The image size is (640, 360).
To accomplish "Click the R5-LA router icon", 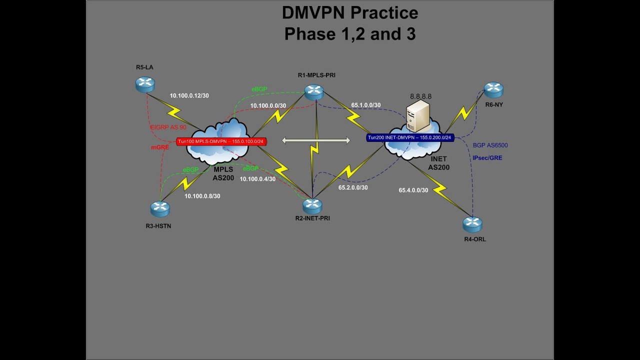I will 145,84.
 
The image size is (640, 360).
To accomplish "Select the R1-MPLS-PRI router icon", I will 314,92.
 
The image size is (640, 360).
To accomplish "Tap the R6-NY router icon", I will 493,89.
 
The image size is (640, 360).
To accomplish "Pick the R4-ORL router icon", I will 472,224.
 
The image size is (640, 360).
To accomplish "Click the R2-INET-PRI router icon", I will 312,205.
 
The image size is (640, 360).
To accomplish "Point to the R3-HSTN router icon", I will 160,208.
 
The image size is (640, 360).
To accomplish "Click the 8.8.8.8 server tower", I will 418,115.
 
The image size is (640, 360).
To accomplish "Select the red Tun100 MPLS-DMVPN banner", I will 221,141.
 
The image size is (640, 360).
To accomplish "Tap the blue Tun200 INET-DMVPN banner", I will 409,137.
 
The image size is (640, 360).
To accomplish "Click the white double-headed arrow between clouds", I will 316,141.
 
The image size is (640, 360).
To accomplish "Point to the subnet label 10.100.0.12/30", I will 189,95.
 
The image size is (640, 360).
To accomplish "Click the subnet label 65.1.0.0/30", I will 365,105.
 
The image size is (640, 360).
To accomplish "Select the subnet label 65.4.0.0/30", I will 413,190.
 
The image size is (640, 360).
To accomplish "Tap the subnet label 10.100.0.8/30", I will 202,196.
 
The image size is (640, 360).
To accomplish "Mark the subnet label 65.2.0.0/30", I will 352,187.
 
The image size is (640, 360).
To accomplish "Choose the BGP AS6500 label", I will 490,145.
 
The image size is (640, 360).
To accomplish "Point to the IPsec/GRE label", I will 487,158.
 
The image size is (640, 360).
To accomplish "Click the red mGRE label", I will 160,147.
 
